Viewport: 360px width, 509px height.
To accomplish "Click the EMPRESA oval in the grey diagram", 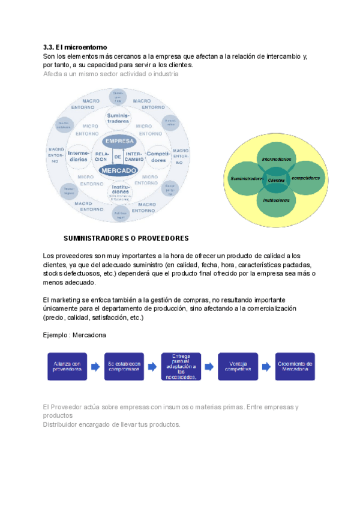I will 119,141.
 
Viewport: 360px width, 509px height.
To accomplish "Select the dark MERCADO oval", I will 118,170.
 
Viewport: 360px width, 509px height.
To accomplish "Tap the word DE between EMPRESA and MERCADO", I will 118,156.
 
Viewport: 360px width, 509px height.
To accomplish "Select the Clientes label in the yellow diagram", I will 277,179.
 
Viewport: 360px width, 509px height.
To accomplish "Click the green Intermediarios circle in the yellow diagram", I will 277,158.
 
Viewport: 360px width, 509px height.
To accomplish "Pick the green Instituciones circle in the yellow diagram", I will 277,200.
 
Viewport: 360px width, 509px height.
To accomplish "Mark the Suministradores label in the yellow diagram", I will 246,179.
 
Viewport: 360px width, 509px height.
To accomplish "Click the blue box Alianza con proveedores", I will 68,366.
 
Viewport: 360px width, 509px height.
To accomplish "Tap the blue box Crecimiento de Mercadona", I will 295,366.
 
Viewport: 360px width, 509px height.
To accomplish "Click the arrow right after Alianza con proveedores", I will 96,366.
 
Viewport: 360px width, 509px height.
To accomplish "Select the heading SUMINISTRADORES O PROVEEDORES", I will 126,238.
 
